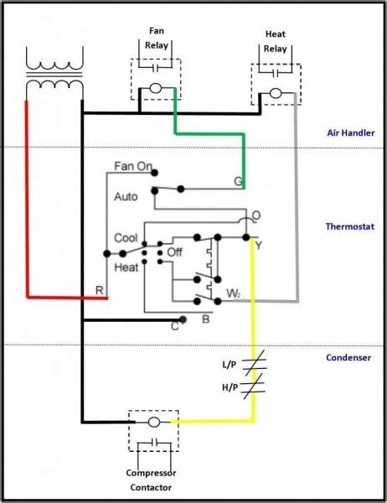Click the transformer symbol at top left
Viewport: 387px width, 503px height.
coord(55,72)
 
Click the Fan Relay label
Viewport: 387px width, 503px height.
coord(155,39)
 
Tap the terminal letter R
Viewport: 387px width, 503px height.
coord(99,289)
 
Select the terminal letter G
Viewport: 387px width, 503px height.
coord(238,182)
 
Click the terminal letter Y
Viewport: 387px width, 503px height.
coord(259,246)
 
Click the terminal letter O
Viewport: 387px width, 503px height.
coord(255,215)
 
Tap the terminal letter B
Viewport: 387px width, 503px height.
coord(205,319)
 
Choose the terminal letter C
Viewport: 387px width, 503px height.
coord(174,326)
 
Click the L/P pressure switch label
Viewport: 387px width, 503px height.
coord(229,365)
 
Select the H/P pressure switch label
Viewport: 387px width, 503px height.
coord(229,388)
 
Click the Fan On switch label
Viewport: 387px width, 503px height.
coord(133,167)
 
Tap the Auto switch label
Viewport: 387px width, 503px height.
coord(125,196)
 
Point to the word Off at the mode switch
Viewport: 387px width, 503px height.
coord(174,251)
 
